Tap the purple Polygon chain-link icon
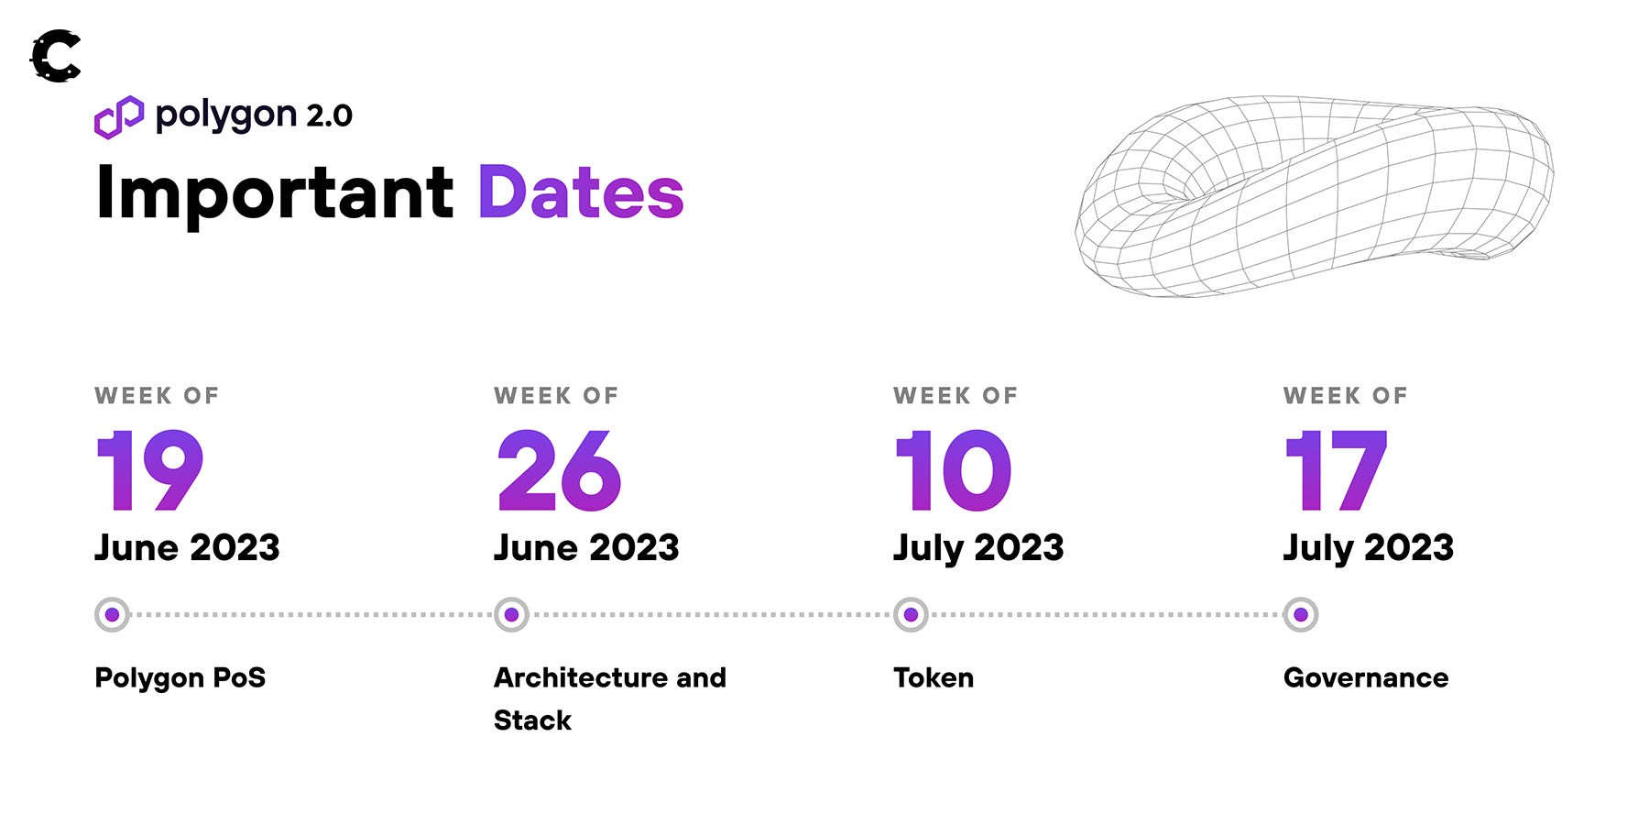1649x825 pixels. click(119, 117)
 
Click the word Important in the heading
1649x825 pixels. click(275, 192)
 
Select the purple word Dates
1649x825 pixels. click(581, 192)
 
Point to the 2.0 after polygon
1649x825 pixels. click(329, 115)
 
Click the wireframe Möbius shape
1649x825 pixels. click(1314, 195)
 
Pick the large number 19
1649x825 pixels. click(149, 469)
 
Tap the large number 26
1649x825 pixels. click(559, 469)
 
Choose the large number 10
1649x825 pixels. click(953, 469)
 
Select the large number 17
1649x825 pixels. click(1337, 469)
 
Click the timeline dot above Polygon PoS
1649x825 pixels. click(112, 614)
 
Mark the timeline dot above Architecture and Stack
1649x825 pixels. click(511, 614)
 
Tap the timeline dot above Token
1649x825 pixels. click(911, 614)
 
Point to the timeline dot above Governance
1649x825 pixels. click(1301, 614)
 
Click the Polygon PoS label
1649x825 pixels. click(180, 677)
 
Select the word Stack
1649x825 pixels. click(532, 720)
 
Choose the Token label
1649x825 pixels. click(934, 677)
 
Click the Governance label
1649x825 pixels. click(1366, 677)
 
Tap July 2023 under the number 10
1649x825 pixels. click(978, 548)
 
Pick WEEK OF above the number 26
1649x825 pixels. click(556, 396)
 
